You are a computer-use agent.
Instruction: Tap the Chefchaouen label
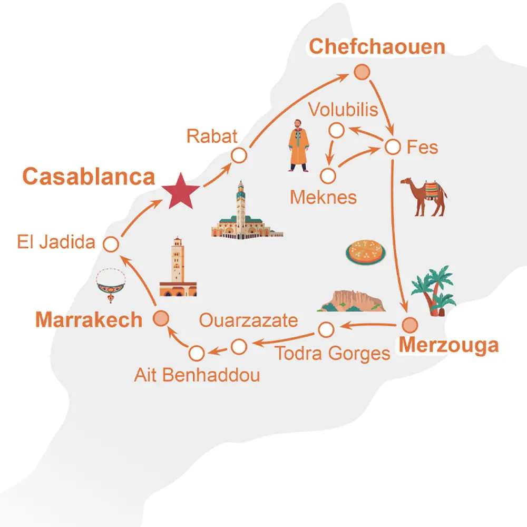[377, 46]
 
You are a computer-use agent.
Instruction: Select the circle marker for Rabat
[239, 155]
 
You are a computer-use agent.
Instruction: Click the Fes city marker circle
[393, 147]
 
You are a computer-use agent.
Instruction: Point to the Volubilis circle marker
[336, 130]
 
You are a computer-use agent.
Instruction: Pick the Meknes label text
[323, 198]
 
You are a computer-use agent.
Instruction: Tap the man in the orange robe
[298, 144]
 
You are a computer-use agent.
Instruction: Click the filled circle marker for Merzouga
[409, 324]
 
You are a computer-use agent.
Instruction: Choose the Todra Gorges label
[333, 353]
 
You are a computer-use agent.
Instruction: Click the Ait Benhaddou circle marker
[196, 353]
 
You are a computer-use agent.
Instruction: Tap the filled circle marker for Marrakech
[161, 318]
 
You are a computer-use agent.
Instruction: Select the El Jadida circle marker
[111, 244]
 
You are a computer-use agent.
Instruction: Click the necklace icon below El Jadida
[111, 285]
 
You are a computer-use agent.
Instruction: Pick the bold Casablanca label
[89, 177]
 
